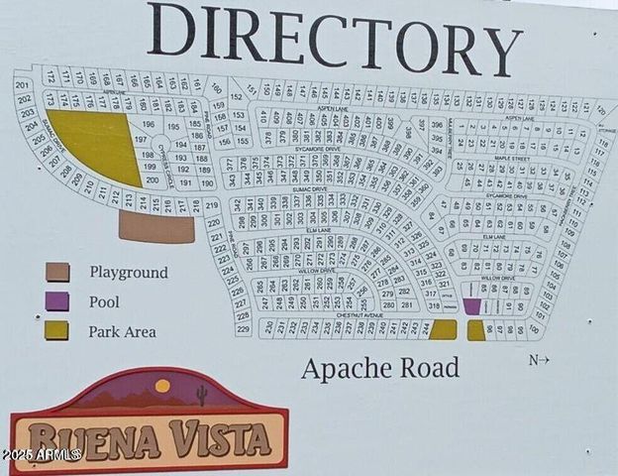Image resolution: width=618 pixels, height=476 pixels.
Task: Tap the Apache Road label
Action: pos(380,369)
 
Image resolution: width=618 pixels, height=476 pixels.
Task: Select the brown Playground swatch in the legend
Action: pos(56,272)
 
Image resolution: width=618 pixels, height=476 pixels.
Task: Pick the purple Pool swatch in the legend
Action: pos(56,301)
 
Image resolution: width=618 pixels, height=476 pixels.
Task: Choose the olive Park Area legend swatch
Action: pos(56,330)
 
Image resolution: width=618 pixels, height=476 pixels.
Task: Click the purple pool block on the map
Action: pos(472,306)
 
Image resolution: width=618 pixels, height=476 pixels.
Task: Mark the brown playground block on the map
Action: pos(156,228)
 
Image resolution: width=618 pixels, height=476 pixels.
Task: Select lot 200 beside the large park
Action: pos(152,179)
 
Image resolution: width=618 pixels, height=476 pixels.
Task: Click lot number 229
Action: pos(242,328)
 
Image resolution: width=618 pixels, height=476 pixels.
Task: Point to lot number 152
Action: pos(236,96)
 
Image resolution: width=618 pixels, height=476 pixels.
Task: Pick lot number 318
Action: pos(431,305)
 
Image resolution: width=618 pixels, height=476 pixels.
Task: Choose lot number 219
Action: pos(212,205)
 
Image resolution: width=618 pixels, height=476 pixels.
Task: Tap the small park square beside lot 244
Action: pos(443,329)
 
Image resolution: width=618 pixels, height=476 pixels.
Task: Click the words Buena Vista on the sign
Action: pos(149,436)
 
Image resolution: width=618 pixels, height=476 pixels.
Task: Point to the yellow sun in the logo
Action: pos(162,386)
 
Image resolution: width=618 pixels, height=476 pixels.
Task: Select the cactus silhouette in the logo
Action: pos(202,395)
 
